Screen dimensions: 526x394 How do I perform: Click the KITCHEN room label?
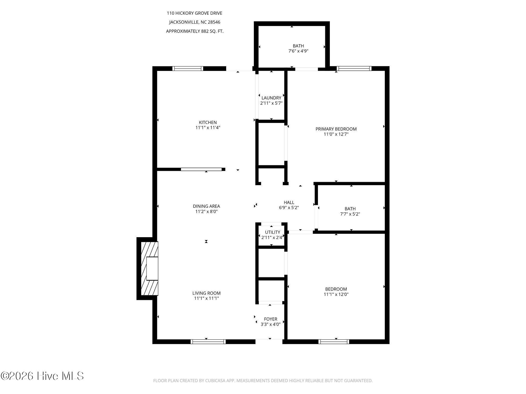coord(208,122)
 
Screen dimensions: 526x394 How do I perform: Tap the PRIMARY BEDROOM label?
coord(336,129)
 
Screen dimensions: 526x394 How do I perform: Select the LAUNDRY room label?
coord(271,98)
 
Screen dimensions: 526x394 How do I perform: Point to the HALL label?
coord(289,203)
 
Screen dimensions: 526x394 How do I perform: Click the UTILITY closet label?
coord(272,232)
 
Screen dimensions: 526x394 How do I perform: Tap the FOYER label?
coord(271,319)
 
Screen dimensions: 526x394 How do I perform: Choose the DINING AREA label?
coord(206,206)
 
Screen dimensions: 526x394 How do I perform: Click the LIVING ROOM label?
coord(206,293)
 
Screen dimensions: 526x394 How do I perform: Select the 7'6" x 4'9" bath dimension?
coord(298,51)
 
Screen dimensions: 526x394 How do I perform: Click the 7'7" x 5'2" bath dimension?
coord(350,214)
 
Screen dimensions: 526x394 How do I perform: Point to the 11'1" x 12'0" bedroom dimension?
coord(336,294)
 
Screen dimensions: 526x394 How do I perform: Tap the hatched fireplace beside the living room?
coord(149,268)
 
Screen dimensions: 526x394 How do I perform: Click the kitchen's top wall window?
coord(188,69)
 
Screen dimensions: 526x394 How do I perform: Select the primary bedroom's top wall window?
coord(354,69)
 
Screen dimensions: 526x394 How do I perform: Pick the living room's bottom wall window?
coord(208,342)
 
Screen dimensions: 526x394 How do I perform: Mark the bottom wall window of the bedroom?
coord(334,342)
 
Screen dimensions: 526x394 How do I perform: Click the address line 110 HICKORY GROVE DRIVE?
coord(195,13)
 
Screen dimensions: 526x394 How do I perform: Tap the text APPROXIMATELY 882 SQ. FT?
coord(195,31)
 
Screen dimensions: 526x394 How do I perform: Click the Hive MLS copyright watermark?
coord(42,376)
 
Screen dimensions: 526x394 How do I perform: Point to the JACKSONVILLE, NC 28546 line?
coord(195,22)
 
